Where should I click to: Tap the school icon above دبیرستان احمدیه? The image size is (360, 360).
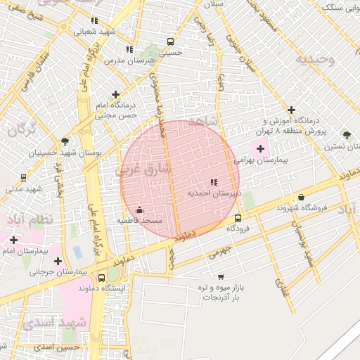click(214, 182)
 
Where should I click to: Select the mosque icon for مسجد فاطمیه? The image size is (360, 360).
click(139, 210)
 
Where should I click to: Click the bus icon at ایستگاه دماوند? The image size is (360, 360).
click(102, 277)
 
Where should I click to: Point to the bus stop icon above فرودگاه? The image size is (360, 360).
click(238, 218)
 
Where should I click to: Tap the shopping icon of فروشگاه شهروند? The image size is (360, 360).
click(302, 198)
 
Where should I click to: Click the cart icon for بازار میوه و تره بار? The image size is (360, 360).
click(221, 276)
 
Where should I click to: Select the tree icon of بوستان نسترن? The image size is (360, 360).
click(345, 134)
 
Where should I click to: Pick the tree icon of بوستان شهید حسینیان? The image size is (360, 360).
click(65, 141)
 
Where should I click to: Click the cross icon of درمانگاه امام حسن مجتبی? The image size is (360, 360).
click(115, 94)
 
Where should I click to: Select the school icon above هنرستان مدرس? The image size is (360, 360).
click(129, 49)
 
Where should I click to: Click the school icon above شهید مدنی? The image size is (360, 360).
click(23, 177)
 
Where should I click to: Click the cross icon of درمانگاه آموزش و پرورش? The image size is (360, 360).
click(291, 110)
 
